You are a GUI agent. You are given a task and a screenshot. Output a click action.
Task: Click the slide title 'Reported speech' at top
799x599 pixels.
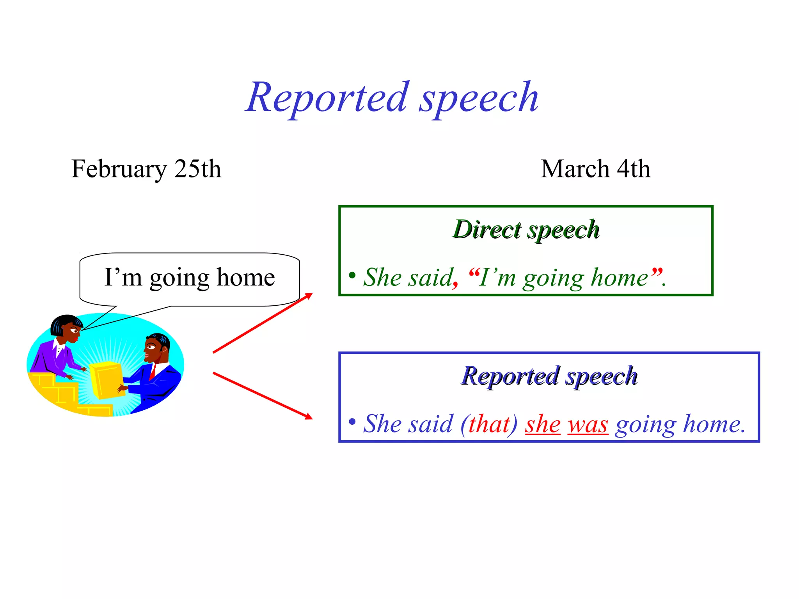pyautogui.click(x=392, y=97)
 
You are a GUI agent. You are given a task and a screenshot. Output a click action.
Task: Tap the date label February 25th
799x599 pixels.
pyautogui.click(x=146, y=169)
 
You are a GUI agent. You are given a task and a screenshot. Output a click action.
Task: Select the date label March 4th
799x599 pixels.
pyautogui.click(x=595, y=169)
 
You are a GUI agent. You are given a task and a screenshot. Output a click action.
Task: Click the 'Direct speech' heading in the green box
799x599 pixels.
pyautogui.click(x=526, y=229)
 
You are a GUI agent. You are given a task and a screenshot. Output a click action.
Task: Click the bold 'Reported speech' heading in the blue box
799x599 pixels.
pyautogui.click(x=549, y=376)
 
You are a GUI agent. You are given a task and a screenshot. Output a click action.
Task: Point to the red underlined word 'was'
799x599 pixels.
pyautogui.click(x=588, y=424)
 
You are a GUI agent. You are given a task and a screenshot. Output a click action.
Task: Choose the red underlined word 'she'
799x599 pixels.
pyautogui.click(x=543, y=424)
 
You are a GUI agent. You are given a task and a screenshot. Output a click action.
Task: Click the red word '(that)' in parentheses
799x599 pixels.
pyautogui.click(x=489, y=424)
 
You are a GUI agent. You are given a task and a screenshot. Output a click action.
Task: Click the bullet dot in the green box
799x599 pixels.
pyautogui.click(x=352, y=275)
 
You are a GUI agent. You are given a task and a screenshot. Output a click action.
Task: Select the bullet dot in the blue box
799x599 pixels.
pyautogui.click(x=352, y=422)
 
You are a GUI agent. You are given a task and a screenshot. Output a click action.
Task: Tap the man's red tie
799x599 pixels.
pyautogui.click(x=153, y=372)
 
